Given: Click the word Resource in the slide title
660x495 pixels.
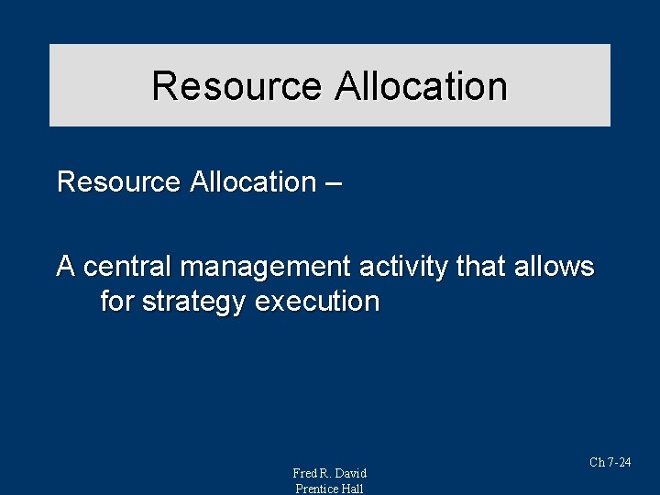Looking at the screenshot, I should (236, 86).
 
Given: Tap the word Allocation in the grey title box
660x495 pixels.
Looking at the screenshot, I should (421, 86).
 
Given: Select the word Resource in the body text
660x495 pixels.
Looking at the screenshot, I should (118, 181).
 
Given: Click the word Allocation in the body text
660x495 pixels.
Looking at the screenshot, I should (252, 181).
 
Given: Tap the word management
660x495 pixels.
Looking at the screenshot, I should (265, 268).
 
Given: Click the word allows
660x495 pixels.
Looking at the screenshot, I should (554, 267).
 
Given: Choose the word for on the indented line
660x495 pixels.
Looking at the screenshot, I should (117, 301).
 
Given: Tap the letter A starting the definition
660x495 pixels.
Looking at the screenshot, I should (66, 267).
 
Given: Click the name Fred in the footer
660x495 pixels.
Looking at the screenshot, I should (304, 473).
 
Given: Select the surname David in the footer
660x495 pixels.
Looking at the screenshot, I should (350, 473).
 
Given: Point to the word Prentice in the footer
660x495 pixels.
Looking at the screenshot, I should (316, 489).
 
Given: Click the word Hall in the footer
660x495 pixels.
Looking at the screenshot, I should (353, 489).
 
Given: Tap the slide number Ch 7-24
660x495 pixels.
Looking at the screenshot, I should (610, 463).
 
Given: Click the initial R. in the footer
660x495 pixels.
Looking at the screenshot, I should (324, 473).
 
